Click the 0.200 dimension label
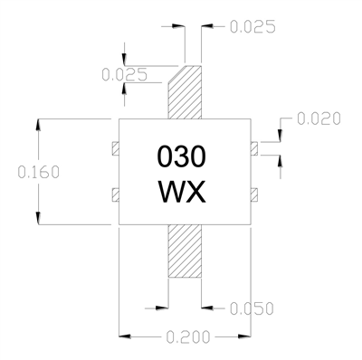(x=188, y=336)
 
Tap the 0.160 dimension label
(x=39, y=172)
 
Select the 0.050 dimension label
(x=252, y=308)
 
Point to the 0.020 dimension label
(x=319, y=118)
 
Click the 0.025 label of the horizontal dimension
(x=252, y=26)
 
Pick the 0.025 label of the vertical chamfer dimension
(x=124, y=74)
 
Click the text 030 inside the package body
(x=182, y=156)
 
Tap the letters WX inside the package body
(x=182, y=192)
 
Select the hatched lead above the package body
(x=185, y=92)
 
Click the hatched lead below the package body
(x=185, y=251)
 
